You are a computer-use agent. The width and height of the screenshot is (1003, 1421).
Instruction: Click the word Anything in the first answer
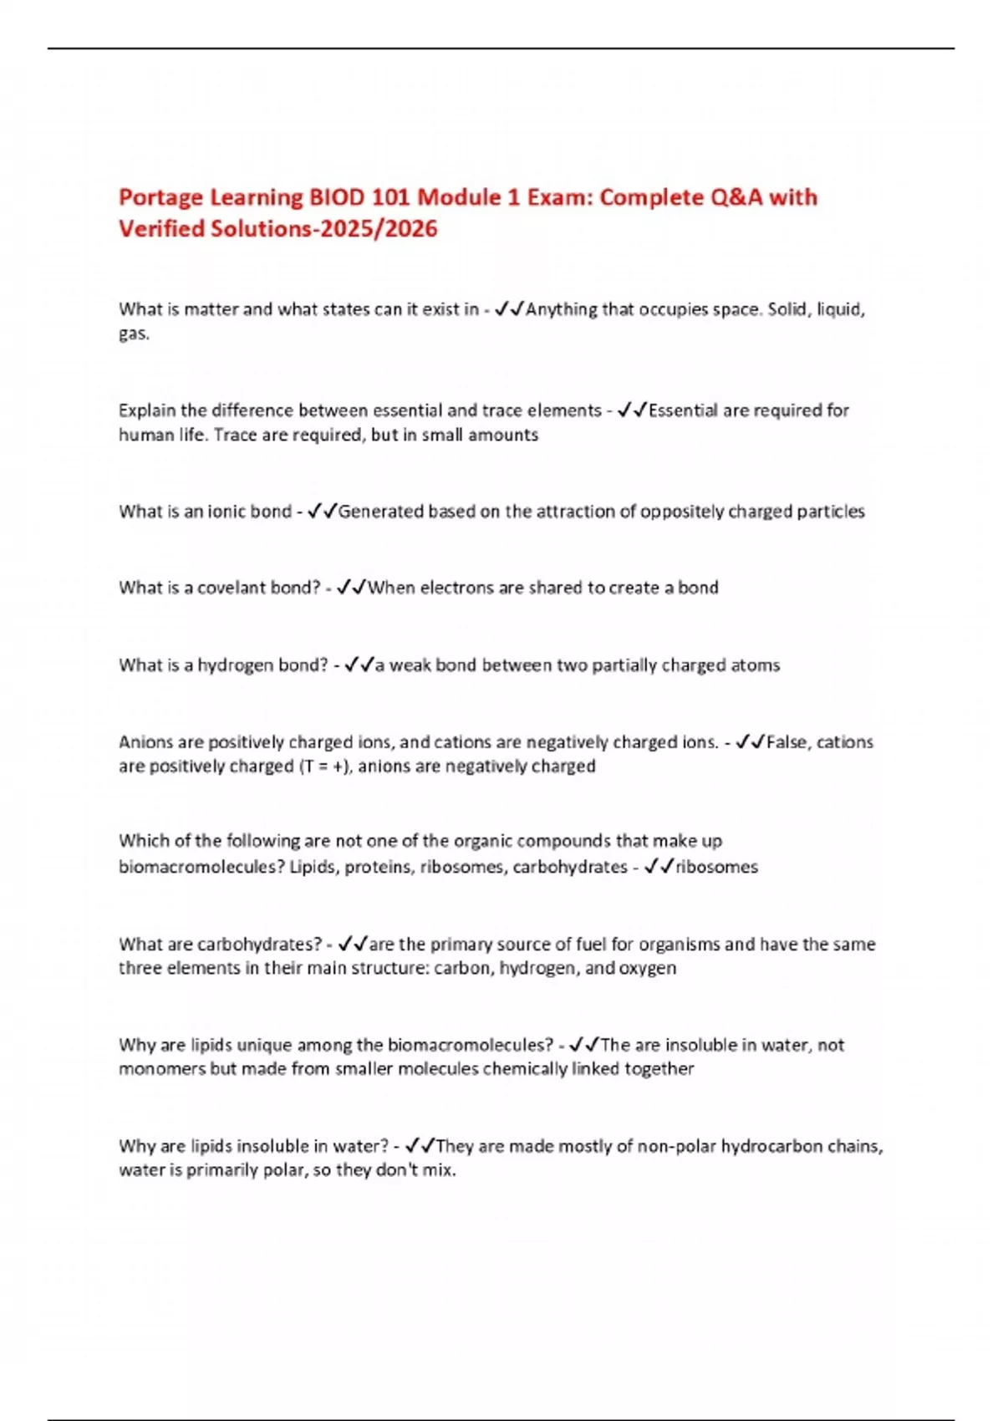(x=562, y=309)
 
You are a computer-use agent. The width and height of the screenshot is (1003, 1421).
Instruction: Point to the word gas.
(x=134, y=334)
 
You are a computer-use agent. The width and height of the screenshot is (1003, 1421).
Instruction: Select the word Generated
(x=381, y=512)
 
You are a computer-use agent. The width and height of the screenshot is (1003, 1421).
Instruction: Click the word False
(x=787, y=742)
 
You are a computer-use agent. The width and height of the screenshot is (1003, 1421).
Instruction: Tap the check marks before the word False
(x=750, y=742)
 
